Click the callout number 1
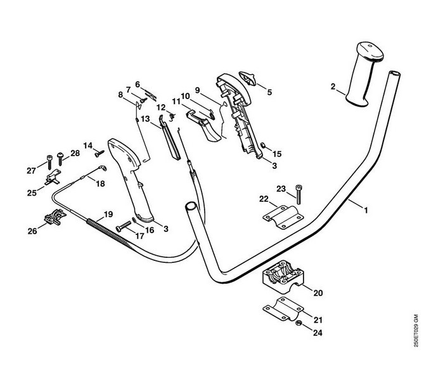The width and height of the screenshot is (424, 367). click(365, 208)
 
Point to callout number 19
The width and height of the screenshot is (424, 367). click(108, 214)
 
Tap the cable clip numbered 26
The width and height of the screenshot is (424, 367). click(54, 218)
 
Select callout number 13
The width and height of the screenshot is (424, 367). click(145, 119)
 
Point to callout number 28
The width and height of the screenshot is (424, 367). click(75, 153)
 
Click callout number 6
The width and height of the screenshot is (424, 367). click(137, 83)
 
